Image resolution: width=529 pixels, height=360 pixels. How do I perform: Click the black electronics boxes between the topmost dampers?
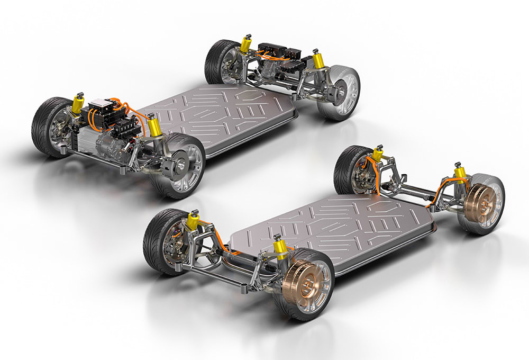click(x=280, y=53)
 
